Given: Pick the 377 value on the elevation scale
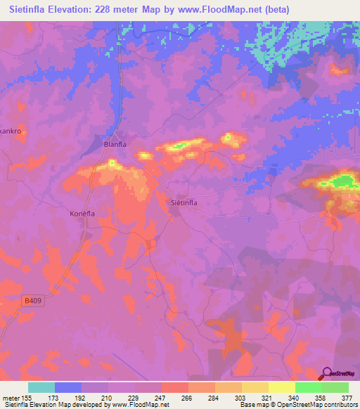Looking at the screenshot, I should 348,397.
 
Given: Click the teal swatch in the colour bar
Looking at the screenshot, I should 41,387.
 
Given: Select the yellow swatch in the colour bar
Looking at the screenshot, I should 282,387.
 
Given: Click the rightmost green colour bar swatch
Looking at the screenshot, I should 335,387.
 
